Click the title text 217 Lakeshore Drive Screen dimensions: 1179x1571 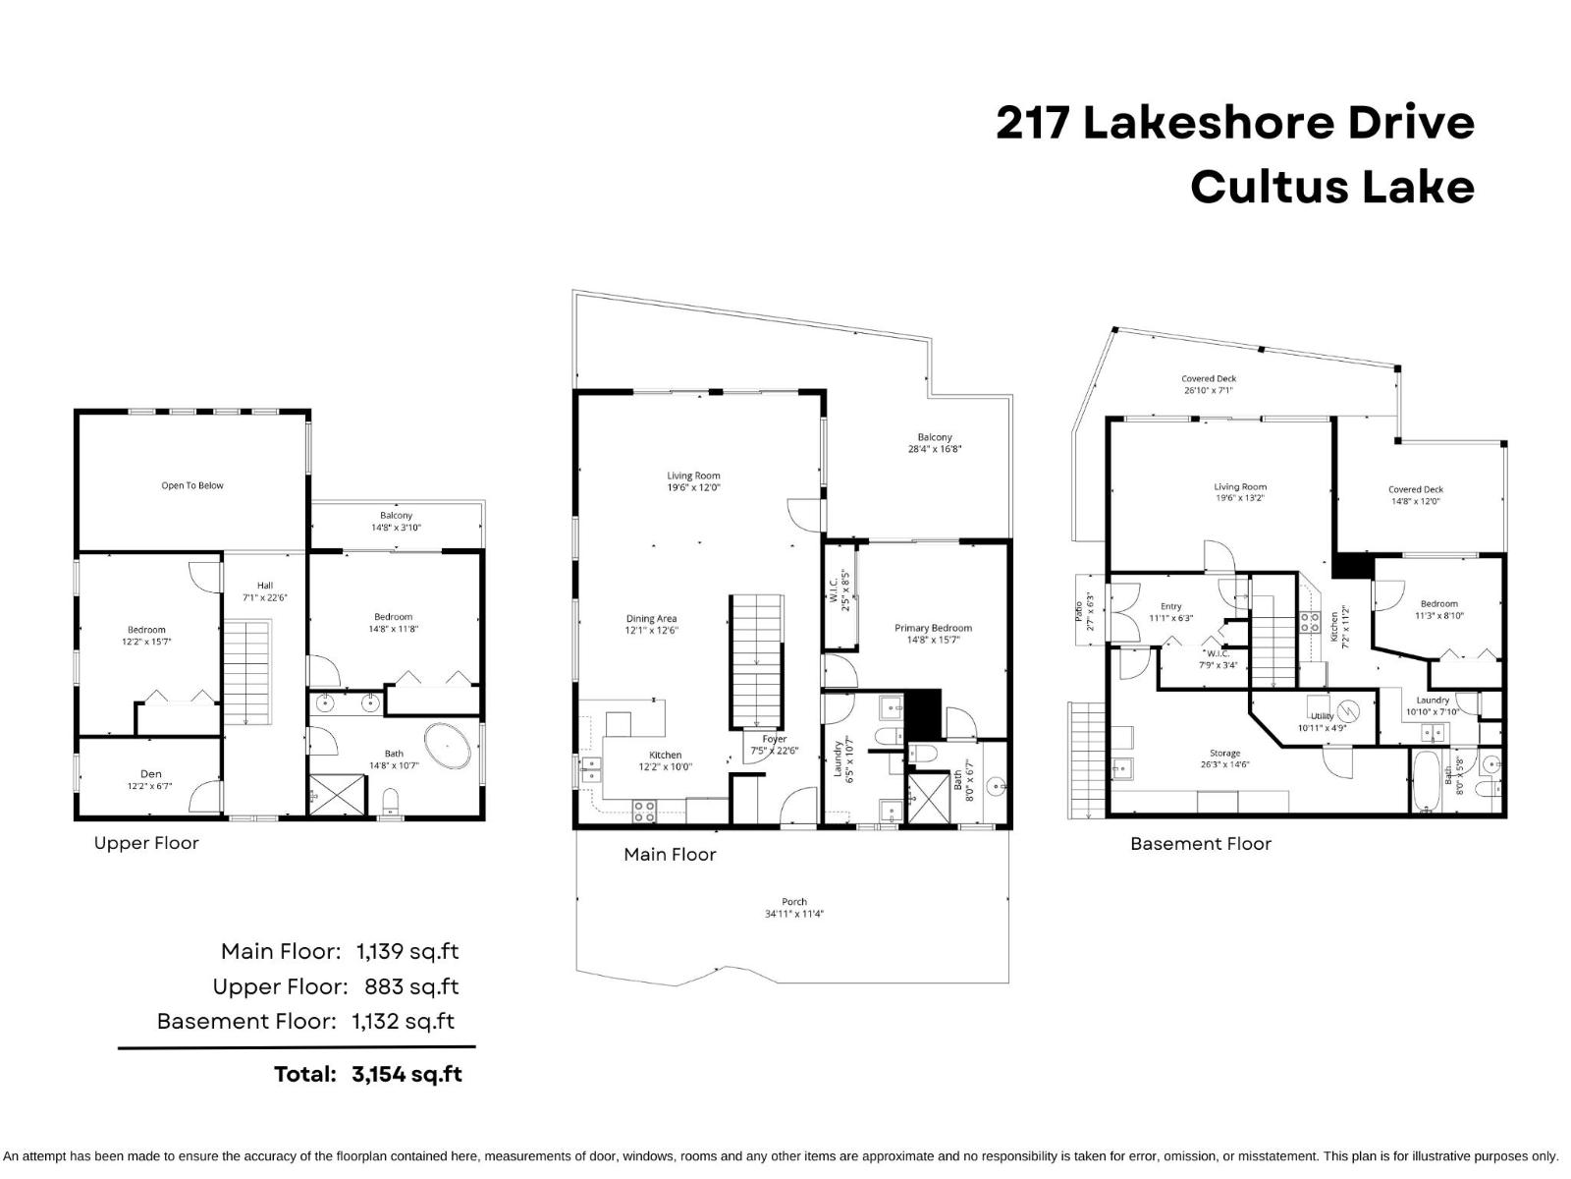click(1234, 124)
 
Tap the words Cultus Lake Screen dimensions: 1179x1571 click(1331, 187)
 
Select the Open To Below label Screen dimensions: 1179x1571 click(192, 485)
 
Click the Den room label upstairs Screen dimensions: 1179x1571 click(150, 779)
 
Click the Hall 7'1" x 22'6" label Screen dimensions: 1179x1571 click(265, 591)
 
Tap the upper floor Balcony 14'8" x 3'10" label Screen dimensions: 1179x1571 click(396, 521)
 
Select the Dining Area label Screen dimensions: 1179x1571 click(651, 625)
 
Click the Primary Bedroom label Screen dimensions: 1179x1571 click(933, 633)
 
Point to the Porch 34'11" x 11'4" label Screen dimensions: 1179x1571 click(793, 907)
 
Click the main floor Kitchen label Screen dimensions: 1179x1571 click(665, 760)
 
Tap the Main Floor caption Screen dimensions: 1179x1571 click(670, 855)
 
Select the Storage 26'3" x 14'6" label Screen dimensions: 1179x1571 click(1224, 758)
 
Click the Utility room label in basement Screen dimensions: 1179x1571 click(1322, 722)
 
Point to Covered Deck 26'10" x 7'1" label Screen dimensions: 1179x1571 click(1209, 384)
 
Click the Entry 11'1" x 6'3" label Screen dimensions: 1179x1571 click(1170, 612)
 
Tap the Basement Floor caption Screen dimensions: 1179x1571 click(1200, 844)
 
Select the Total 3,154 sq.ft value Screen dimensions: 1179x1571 click(406, 1074)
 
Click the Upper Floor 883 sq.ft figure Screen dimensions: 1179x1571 click(411, 986)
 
